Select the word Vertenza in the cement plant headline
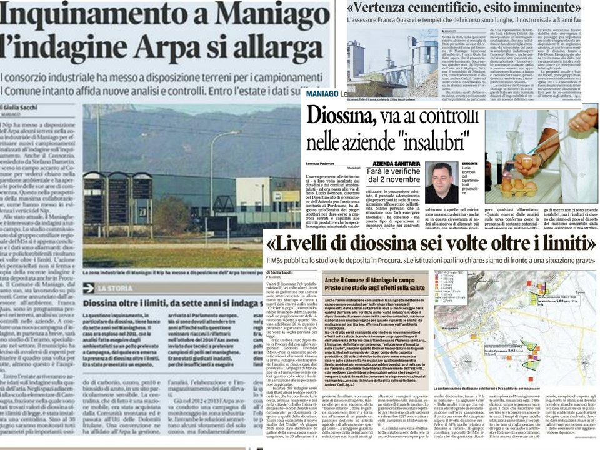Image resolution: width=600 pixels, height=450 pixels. pos(385,7)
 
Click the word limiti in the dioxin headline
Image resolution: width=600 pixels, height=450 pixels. pos(563,242)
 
